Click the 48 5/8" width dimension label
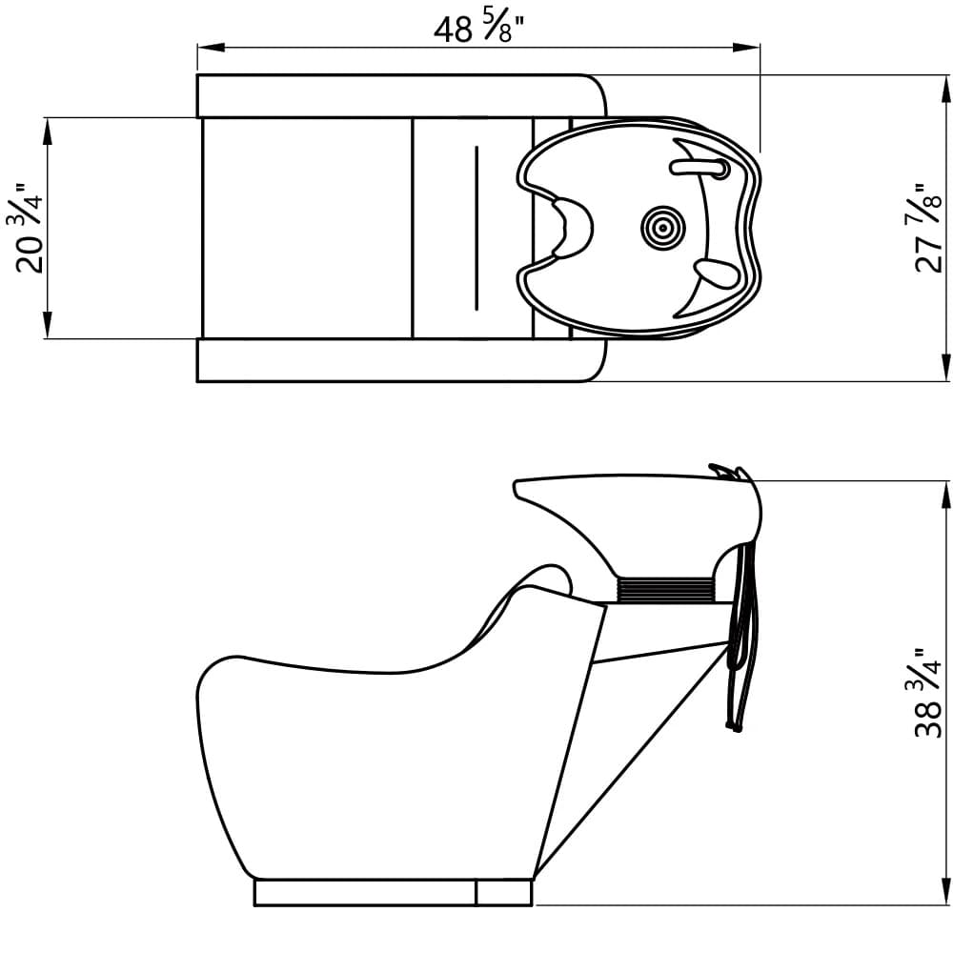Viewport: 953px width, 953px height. (481, 28)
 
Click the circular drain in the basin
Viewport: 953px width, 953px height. (657, 227)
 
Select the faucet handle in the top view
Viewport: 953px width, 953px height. (700, 168)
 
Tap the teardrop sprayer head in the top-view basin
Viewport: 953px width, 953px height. (715, 274)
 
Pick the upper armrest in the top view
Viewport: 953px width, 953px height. (400, 95)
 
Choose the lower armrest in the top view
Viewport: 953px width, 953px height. (400, 359)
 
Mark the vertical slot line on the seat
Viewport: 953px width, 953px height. (476, 227)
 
